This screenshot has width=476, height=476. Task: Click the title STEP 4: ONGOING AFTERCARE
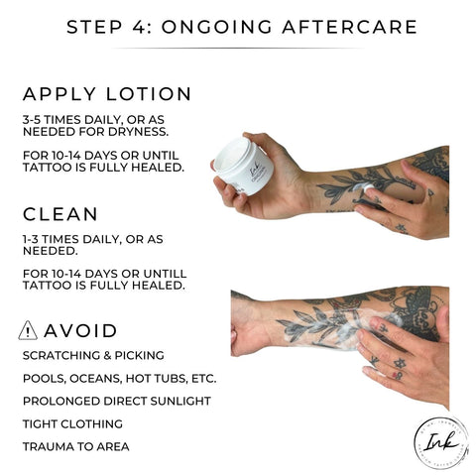238,26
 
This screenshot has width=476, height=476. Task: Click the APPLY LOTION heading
107,94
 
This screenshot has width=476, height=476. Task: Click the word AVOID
82,331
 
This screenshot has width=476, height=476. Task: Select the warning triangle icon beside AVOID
30,330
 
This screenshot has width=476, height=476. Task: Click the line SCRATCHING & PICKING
91,355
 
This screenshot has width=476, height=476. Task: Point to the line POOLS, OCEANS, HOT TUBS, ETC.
118,378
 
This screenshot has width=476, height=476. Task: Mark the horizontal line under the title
238,48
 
